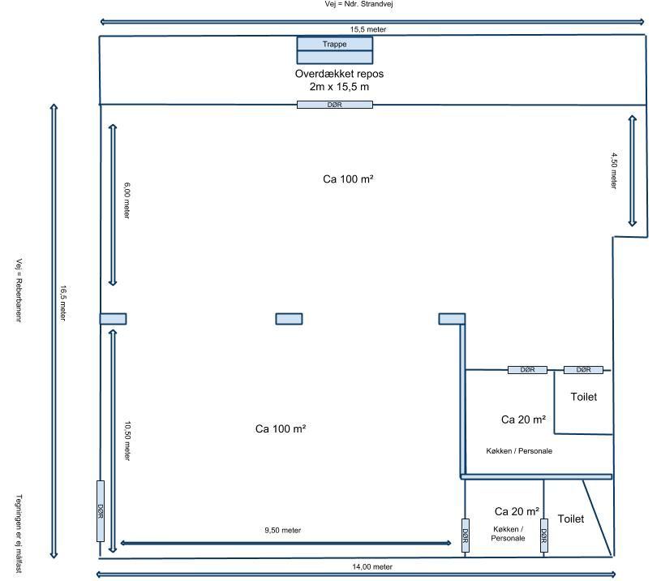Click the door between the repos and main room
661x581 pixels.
[x=335, y=105]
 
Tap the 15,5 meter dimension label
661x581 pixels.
[x=368, y=29]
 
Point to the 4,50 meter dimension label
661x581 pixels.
[x=614, y=170]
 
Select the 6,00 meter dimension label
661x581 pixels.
[x=127, y=200]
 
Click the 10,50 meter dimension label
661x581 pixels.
[x=127, y=441]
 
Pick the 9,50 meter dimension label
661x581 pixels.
[x=283, y=531]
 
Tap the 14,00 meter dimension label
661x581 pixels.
[x=372, y=567]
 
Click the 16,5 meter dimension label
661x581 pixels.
[x=63, y=303]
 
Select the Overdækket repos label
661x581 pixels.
[x=339, y=74]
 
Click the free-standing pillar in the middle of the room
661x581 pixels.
[x=290, y=319]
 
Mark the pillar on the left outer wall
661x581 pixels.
[x=113, y=319]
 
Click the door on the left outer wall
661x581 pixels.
[x=101, y=511]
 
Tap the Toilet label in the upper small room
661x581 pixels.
[x=584, y=397]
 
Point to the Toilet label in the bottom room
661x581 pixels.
[x=571, y=519]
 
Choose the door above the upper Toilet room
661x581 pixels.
[x=583, y=370]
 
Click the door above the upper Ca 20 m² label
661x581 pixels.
[x=527, y=370]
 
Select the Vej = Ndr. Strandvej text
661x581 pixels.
[x=358, y=4]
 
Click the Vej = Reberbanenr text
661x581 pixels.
[x=19, y=290]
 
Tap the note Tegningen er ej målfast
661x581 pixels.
[x=19, y=534]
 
